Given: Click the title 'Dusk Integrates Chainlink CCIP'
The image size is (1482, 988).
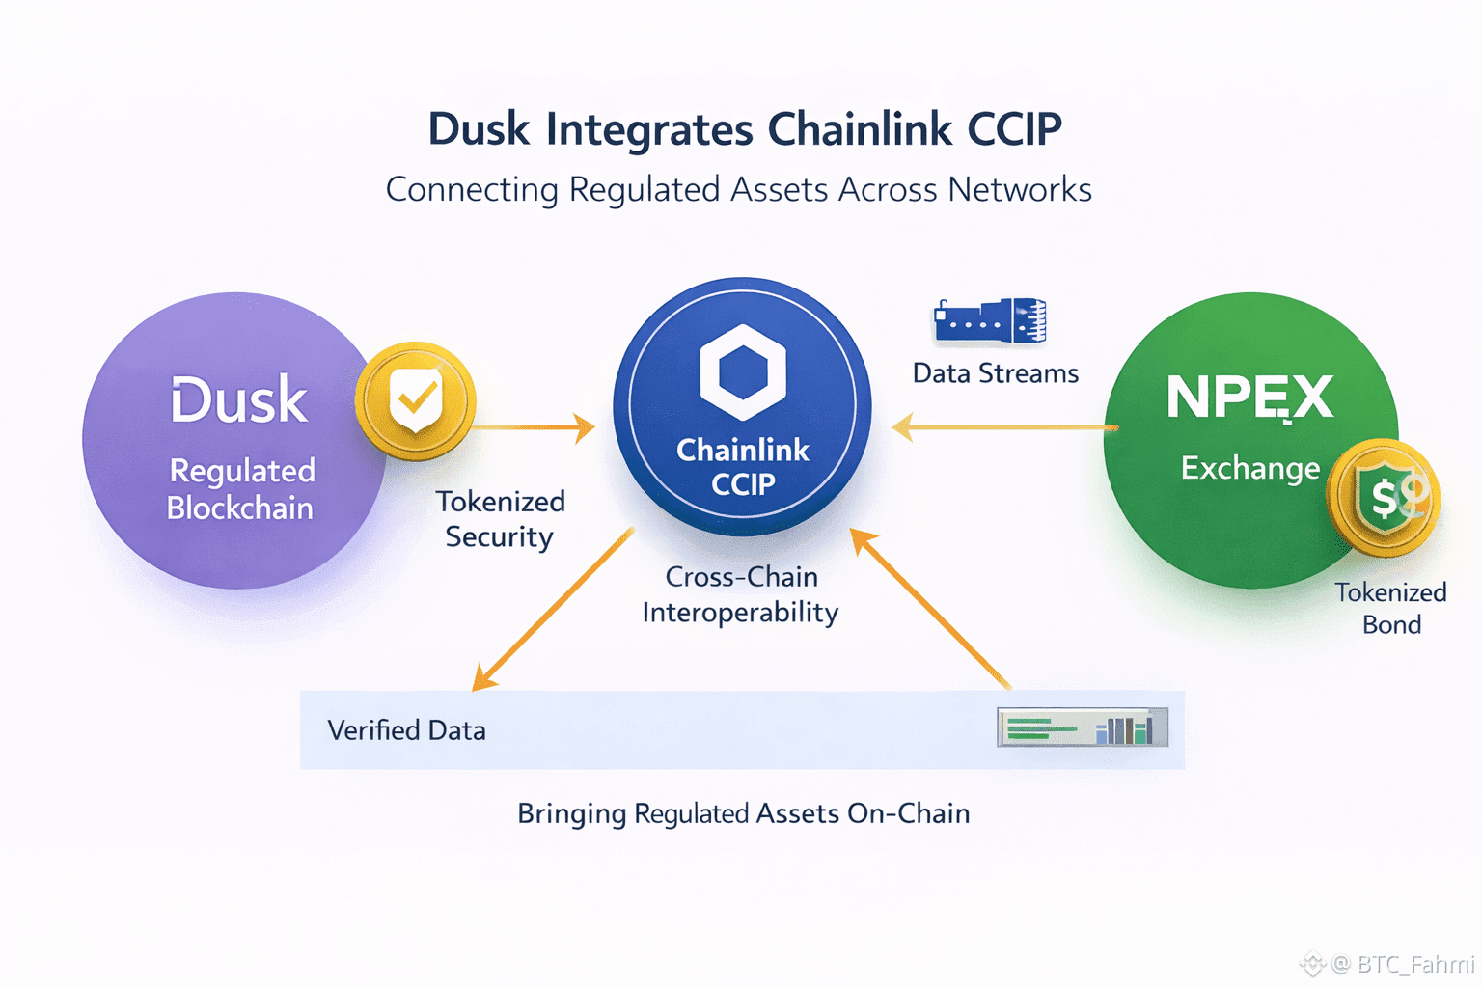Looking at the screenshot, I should pyautogui.click(x=744, y=129).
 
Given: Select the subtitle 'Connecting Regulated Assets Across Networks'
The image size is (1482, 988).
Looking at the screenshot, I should pyautogui.click(x=738, y=189).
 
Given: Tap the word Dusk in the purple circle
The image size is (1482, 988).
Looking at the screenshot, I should pyautogui.click(x=239, y=400).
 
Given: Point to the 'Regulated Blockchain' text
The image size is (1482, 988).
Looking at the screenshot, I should pyautogui.click(x=241, y=489).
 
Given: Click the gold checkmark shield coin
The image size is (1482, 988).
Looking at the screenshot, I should pyautogui.click(x=415, y=399).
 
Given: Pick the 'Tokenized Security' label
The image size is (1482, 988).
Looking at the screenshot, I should pyautogui.click(x=500, y=519).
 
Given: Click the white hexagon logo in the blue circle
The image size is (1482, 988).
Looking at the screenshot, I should pyautogui.click(x=742, y=371).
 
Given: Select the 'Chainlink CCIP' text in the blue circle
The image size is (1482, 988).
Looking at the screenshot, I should pyautogui.click(x=743, y=467).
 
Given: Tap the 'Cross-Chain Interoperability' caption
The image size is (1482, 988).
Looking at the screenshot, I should pyautogui.click(x=741, y=594).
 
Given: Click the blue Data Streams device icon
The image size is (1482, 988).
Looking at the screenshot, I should pyautogui.click(x=991, y=321).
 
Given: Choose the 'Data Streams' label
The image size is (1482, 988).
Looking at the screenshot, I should pyautogui.click(x=996, y=373).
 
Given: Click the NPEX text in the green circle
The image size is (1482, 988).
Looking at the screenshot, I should pyautogui.click(x=1249, y=398).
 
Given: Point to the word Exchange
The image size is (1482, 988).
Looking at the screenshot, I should pyautogui.click(x=1249, y=469).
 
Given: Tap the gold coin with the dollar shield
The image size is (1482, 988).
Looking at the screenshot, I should pyautogui.click(x=1385, y=498).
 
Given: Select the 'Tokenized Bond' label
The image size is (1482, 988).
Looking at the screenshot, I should pyautogui.click(x=1390, y=608).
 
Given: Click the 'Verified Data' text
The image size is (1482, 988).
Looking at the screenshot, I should pyautogui.click(x=406, y=730).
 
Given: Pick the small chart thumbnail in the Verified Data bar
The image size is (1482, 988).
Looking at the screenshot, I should pyautogui.click(x=1082, y=727).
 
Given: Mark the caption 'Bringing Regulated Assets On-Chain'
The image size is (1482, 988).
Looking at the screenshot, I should pyautogui.click(x=743, y=813).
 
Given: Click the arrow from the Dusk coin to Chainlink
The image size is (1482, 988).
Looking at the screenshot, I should pyautogui.click(x=535, y=426).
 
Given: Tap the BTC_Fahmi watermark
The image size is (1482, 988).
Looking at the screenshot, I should pyautogui.click(x=1404, y=963).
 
